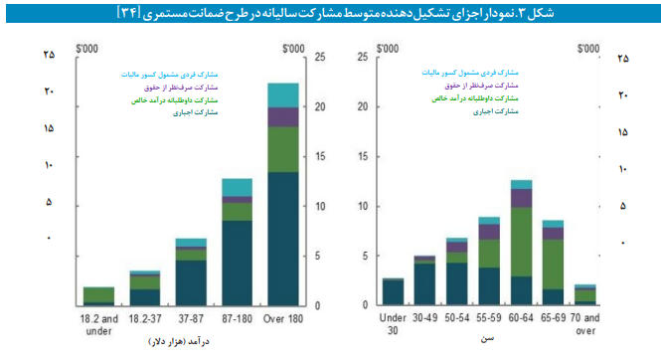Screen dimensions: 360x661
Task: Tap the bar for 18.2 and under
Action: point(98,295)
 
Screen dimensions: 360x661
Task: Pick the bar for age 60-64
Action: point(522,243)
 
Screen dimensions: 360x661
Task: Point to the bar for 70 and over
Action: point(585,294)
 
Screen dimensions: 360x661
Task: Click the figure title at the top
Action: point(330,12)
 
